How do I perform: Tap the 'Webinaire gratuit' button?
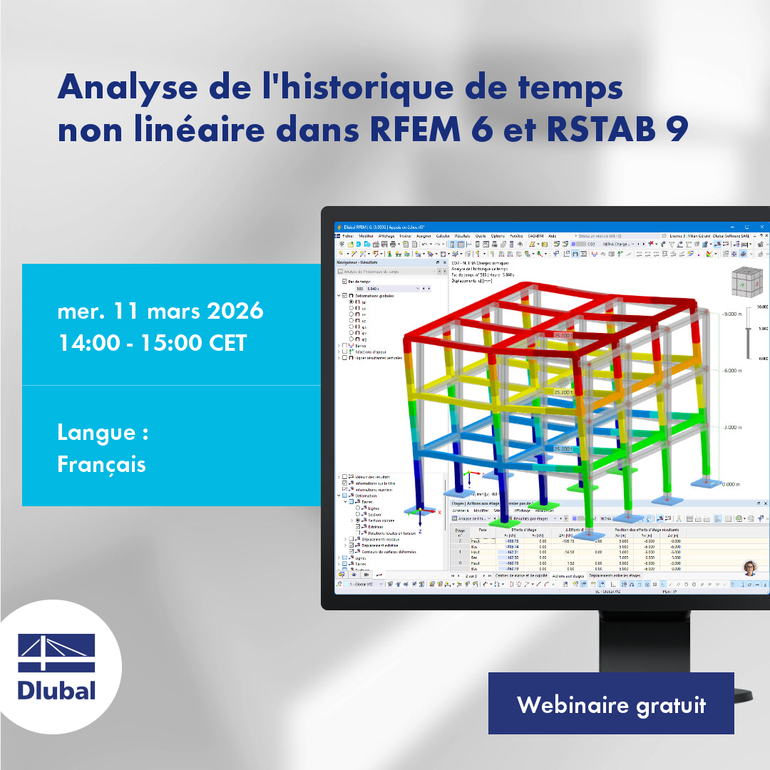[611, 704]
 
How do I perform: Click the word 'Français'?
[101, 464]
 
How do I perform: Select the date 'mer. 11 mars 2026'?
[160, 311]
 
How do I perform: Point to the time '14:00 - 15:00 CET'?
[152, 343]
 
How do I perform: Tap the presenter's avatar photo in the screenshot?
[749, 567]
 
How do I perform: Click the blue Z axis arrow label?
[421, 532]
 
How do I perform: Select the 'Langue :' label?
[103, 432]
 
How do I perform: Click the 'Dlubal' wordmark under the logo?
[56, 690]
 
